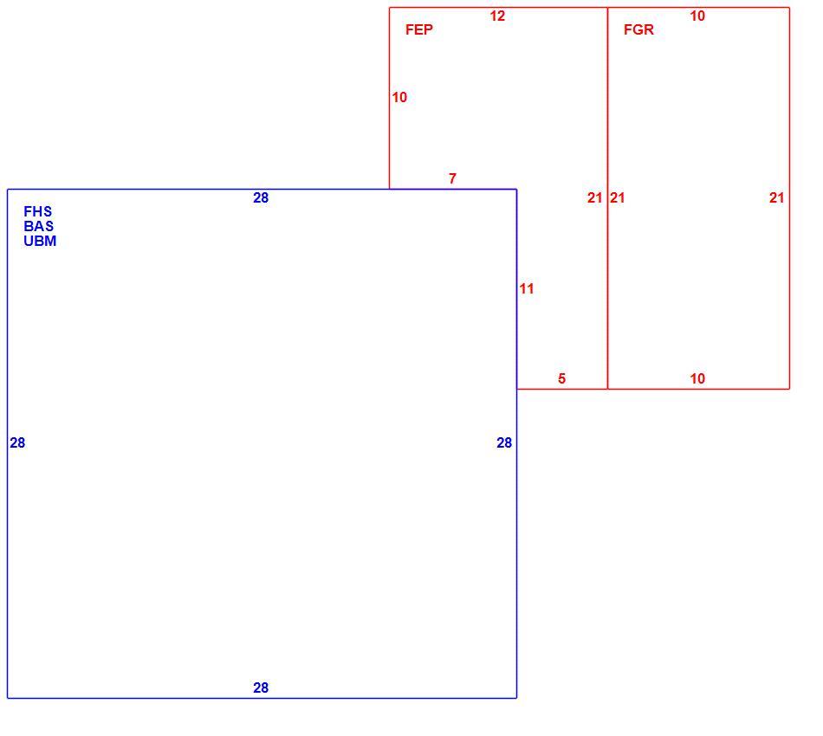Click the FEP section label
tap(418, 30)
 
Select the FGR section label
tap(638, 30)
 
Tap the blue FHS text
tap(38, 211)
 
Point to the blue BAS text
tap(38, 226)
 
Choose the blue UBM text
tap(40, 241)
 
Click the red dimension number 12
tap(497, 16)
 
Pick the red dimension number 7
tap(452, 179)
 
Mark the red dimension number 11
tap(527, 288)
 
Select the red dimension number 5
tap(561, 378)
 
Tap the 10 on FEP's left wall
tap(399, 98)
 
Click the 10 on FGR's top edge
tap(697, 16)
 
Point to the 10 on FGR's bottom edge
tap(697, 378)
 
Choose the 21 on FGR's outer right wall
tap(777, 197)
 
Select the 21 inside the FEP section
tap(594, 197)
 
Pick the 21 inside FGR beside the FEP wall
tap(617, 197)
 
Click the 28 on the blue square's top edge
tap(261, 197)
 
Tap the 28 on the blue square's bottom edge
tap(261, 688)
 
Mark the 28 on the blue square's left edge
tap(17, 442)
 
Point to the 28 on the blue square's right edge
tap(504, 442)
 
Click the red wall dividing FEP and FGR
tap(607, 198)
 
